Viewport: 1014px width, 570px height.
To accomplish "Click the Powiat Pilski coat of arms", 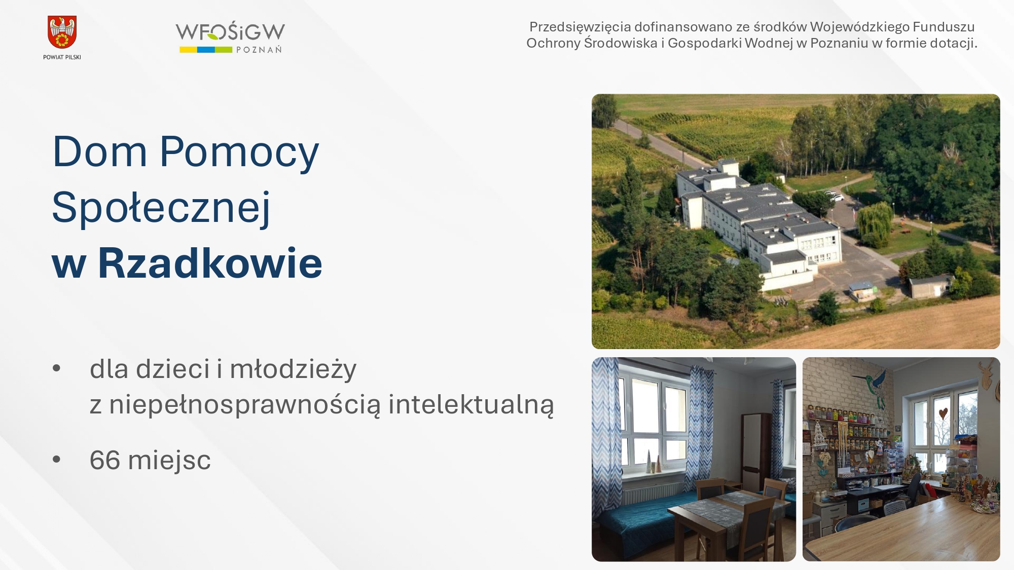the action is coord(62,32).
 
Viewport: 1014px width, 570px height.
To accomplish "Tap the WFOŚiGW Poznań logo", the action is coord(230,37).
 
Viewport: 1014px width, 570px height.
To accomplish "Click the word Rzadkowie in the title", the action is coord(210,263).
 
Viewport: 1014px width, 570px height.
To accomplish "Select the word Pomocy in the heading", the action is coord(239,151).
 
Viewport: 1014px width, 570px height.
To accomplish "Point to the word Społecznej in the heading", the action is coord(161,208).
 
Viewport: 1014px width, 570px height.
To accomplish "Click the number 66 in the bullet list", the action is coord(105,460).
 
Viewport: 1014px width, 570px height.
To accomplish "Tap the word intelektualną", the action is coord(472,404).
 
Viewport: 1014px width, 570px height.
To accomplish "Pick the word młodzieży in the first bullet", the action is coord(293,369).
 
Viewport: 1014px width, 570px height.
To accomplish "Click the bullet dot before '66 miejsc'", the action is coord(56,460).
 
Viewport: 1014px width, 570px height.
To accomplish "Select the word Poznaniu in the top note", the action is coord(839,43).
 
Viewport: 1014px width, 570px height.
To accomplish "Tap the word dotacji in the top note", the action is coord(955,43).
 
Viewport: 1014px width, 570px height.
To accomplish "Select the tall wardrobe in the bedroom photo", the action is coord(756,453).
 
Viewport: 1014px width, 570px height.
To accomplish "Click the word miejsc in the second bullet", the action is coord(169,460).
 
